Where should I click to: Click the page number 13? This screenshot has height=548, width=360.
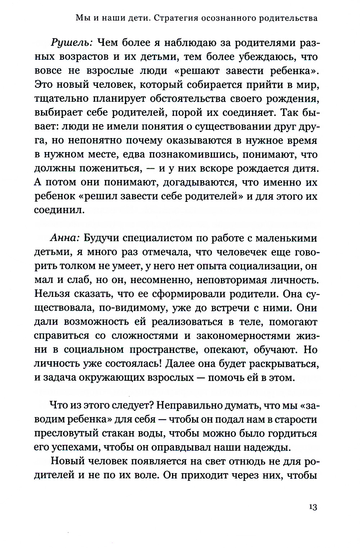[312, 507]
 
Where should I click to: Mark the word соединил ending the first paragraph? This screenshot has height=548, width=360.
[59, 210]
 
